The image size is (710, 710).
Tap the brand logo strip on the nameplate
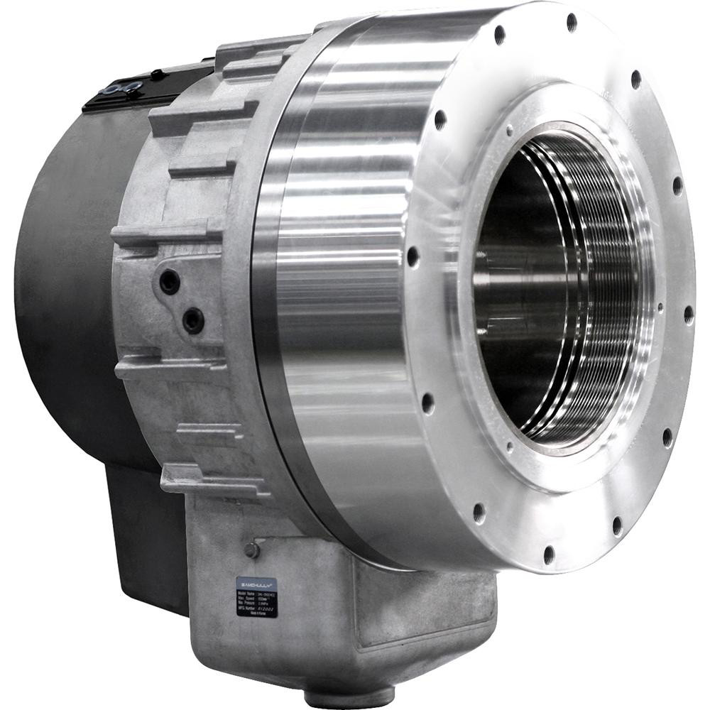click(256, 582)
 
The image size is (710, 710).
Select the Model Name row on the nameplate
click(256, 590)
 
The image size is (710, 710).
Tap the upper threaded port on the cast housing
click(170, 282)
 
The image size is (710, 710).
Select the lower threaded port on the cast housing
click(192, 320)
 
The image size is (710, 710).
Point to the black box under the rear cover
click(142, 540)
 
